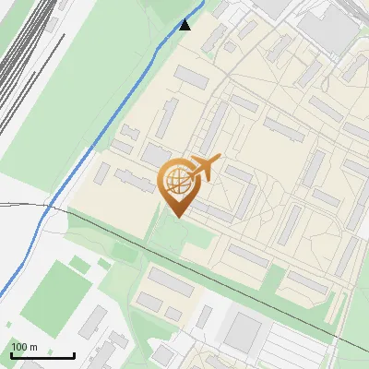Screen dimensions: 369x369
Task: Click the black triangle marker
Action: click(x=185, y=24)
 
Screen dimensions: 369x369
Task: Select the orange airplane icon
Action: click(x=204, y=168)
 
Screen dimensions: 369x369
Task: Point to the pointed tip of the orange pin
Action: click(x=176, y=217)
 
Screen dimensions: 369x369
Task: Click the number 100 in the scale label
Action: click(x=18, y=347)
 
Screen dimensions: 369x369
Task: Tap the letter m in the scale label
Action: click(x=33, y=347)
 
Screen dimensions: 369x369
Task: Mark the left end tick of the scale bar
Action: click(x=10, y=354)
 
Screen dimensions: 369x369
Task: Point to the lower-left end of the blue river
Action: click(x=2, y=293)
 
